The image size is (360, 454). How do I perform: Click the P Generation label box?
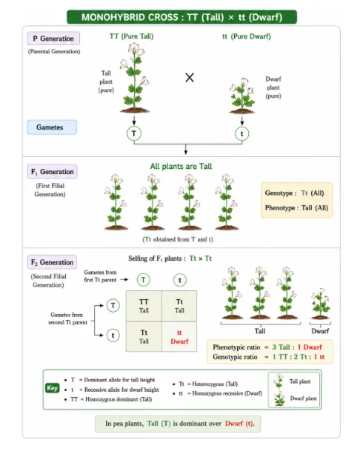tap(53, 39)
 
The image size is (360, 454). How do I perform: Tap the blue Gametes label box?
tap(52, 127)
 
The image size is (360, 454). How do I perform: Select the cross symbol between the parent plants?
tap(190, 78)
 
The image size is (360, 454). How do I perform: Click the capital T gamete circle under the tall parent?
tap(134, 133)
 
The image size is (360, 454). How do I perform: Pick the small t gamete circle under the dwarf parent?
tap(241, 133)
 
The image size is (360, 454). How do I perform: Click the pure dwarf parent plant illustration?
tap(242, 96)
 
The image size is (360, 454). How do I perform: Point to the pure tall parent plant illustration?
tap(134, 78)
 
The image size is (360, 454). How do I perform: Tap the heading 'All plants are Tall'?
tap(181, 166)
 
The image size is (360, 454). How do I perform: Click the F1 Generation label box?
tap(53, 172)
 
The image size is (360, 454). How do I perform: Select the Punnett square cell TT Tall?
tap(144, 306)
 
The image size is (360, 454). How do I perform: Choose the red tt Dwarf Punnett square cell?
tap(179, 337)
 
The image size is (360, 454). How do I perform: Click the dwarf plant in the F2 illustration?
tap(320, 304)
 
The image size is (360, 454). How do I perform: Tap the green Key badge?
tap(53, 388)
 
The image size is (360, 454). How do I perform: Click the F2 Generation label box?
tap(52, 262)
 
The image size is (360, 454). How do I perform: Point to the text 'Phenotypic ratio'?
tap(236, 347)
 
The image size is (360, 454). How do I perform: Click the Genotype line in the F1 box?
tap(294, 193)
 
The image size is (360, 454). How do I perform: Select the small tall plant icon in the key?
tap(279, 381)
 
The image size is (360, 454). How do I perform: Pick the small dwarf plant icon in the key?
tap(279, 398)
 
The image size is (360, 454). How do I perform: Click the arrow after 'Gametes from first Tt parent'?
tap(124, 279)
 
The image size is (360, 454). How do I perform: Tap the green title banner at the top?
tap(182, 17)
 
